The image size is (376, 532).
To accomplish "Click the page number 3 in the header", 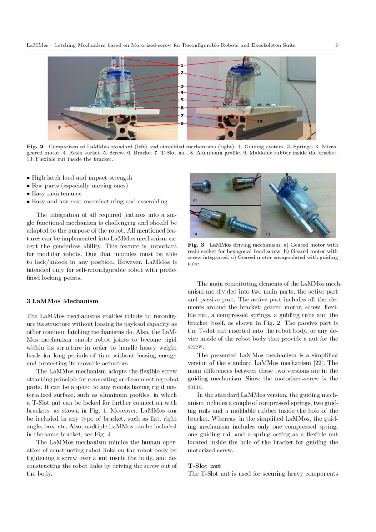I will point(336,45).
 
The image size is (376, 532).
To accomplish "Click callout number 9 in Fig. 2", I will point(59,127).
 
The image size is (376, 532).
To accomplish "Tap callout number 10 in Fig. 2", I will point(260,122).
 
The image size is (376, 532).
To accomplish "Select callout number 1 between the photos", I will point(182,66).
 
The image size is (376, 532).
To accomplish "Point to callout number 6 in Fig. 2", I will point(182,108).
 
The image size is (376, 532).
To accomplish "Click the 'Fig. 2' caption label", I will point(35,147).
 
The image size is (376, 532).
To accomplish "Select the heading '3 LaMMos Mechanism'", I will point(62,301).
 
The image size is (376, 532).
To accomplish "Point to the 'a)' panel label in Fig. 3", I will point(195,200).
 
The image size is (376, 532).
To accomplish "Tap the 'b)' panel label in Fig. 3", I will point(195,234).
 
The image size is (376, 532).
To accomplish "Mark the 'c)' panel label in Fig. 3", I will point(268,234).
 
